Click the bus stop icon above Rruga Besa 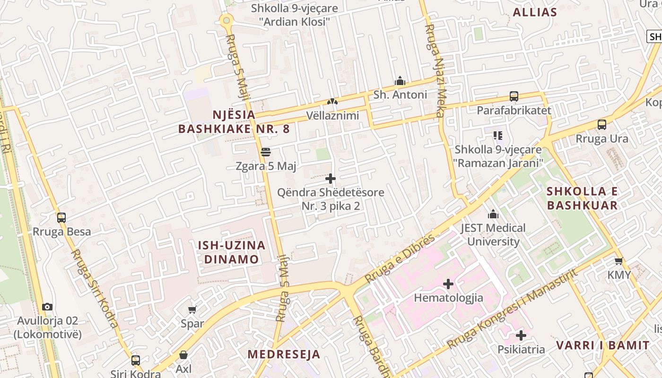[61, 218]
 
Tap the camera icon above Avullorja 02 [47, 307]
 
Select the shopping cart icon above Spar [192, 310]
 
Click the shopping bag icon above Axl [183, 355]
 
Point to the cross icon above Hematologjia [448, 284]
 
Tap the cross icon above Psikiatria [521, 335]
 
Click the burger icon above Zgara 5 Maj [266, 152]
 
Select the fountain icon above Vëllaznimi [332, 102]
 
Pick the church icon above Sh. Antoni [400, 81]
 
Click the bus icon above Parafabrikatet [514, 96]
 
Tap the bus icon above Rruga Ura [601, 125]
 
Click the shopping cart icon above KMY [618, 261]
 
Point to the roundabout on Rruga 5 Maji [227, 20]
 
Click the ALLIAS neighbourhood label [535, 12]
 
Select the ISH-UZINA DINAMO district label [231, 252]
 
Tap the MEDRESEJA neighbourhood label [284, 354]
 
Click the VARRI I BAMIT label [602, 345]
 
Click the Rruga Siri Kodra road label [95, 288]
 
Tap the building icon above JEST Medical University [493, 214]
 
